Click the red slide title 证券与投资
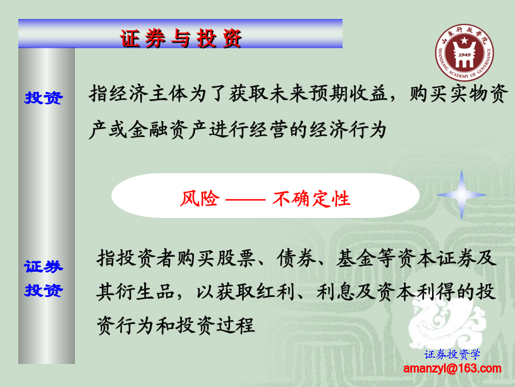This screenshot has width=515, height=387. (x=181, y=38)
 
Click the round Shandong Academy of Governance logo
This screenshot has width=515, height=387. (x=464, y=52)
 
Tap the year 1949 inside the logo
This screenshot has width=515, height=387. (x=465, y=54)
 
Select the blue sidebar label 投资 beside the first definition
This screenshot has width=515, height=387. (x=43, y=97)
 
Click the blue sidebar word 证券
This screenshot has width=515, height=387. (x=43, y=266)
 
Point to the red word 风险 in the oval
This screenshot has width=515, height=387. (x=200, y=198)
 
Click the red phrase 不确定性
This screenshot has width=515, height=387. (x=311, y=198)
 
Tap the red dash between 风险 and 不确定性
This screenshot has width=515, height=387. (x=245, y=200)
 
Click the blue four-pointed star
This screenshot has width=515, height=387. (x=461, y=195)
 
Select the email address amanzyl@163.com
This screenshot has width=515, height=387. (x=452, y=368)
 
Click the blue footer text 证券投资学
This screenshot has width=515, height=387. (x=452, y=354)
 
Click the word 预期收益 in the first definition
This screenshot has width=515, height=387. (x=348, y=93)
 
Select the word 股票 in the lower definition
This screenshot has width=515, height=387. (x=236, y=258)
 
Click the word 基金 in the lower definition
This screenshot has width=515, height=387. (x=356, y=258)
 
